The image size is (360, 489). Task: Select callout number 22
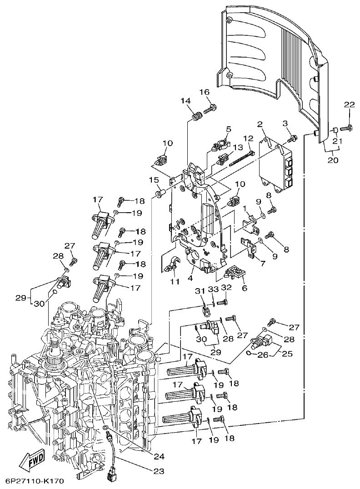tap(349, 105)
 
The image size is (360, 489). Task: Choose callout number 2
tap(260, 124)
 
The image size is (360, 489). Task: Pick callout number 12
tap(248, 138)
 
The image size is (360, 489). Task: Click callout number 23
tap(159, 471)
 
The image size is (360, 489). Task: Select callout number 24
tap(159, 456)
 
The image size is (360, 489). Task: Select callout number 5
tap(229, 129)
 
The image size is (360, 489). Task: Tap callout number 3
tap(285, 123)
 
